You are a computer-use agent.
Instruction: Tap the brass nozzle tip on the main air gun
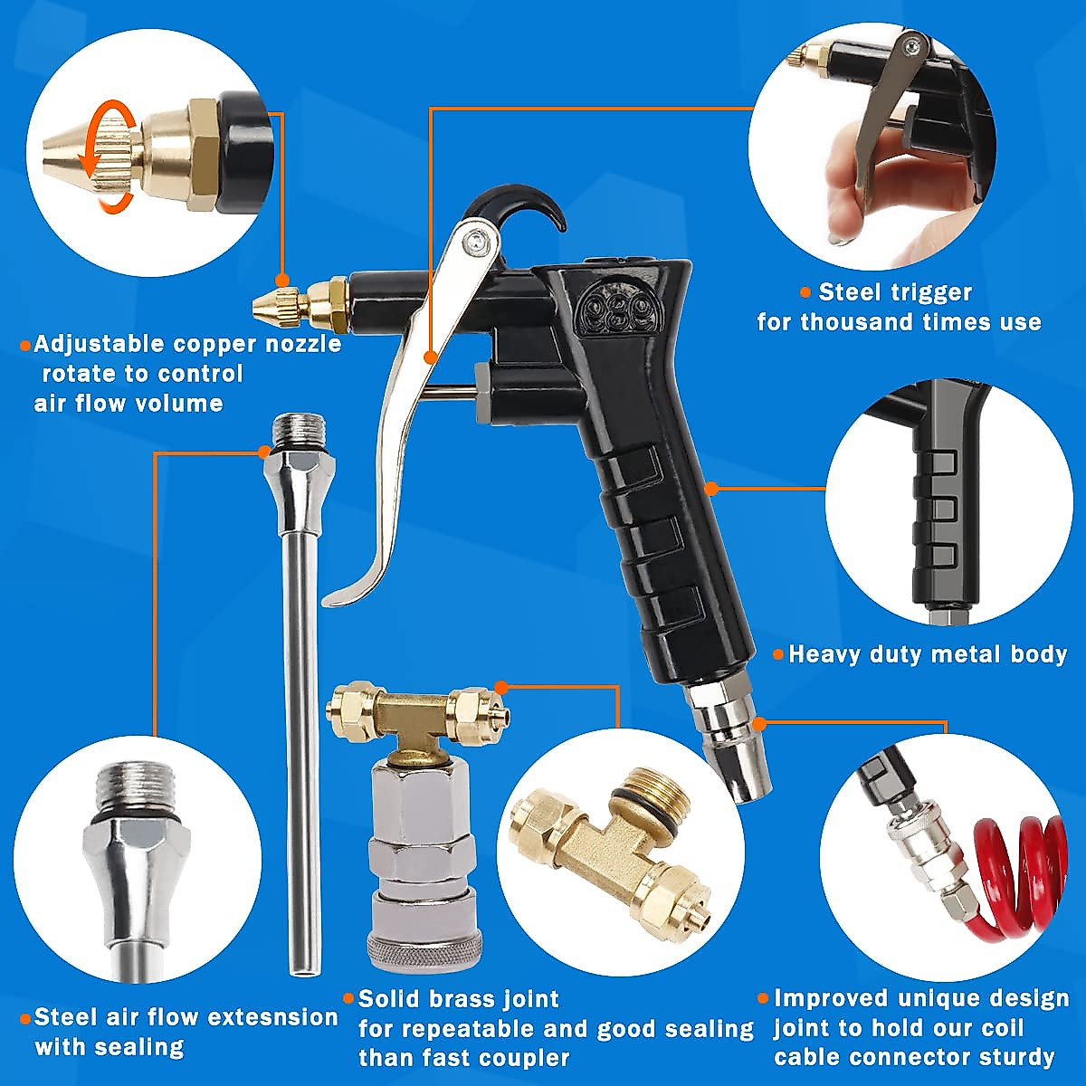tap(268, 305)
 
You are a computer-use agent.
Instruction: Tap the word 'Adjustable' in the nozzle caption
tap(100, 345)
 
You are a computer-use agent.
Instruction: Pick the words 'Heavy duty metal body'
tap(928, 654)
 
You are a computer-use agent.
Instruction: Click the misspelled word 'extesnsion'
tap(263, 1017)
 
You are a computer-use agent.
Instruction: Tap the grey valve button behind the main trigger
tap(483, 390)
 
